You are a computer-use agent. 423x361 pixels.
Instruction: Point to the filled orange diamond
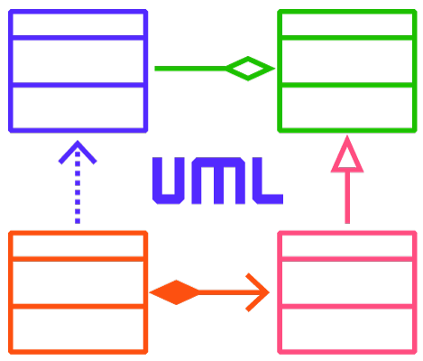coord(175,292)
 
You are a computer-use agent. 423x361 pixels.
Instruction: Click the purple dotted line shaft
coord(78,188)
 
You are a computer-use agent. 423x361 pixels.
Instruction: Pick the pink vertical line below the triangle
coord(347,198)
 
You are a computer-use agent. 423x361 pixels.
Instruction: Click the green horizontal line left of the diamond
coord(190,69)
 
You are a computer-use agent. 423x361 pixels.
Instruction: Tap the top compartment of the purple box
coord(78,24)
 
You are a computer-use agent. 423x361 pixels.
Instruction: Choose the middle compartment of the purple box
coord(78,61)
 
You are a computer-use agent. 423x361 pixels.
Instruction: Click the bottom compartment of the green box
coord(347,108)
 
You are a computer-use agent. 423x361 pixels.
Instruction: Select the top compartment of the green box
coord(347,24)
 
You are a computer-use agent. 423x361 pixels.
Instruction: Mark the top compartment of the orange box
coord(78,246)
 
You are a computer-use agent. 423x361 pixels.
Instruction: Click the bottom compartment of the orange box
coord(78,329)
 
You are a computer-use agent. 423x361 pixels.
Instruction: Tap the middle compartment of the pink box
coord(347,282)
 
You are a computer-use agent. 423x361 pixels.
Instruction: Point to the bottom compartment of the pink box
coord(347,329)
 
